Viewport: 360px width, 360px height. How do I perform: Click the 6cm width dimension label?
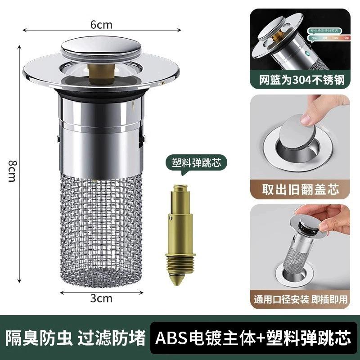pyautogui.click(x=101, y=25)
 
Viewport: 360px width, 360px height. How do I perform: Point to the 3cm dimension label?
pyautogui.click(x=101, y=298)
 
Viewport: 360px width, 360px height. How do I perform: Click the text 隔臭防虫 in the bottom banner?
pyautogui.click(x=38, y=337)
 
